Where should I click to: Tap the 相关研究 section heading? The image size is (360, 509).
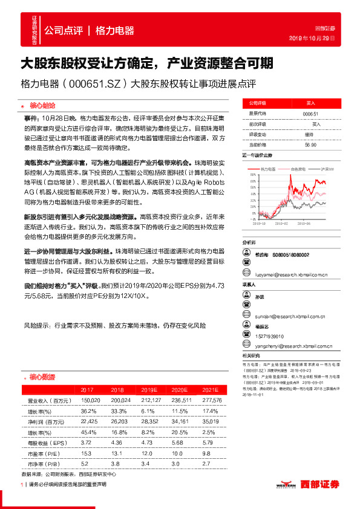pyautogui.click(x=251, y=355)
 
